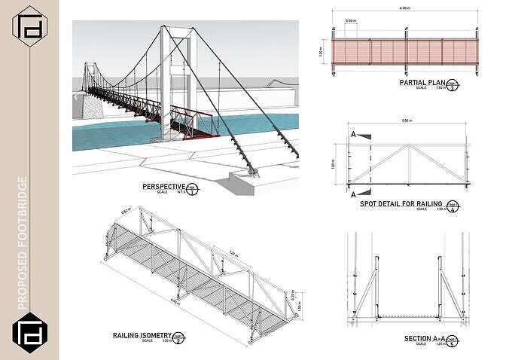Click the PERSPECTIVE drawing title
coord(163,187)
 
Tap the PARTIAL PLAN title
coord(422,84)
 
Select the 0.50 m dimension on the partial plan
coord(351,21)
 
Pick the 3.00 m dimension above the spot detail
coord(407,121)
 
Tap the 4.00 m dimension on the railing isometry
coord(175,303)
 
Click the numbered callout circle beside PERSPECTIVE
coord(193,188)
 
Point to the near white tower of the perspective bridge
coord(178,75)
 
